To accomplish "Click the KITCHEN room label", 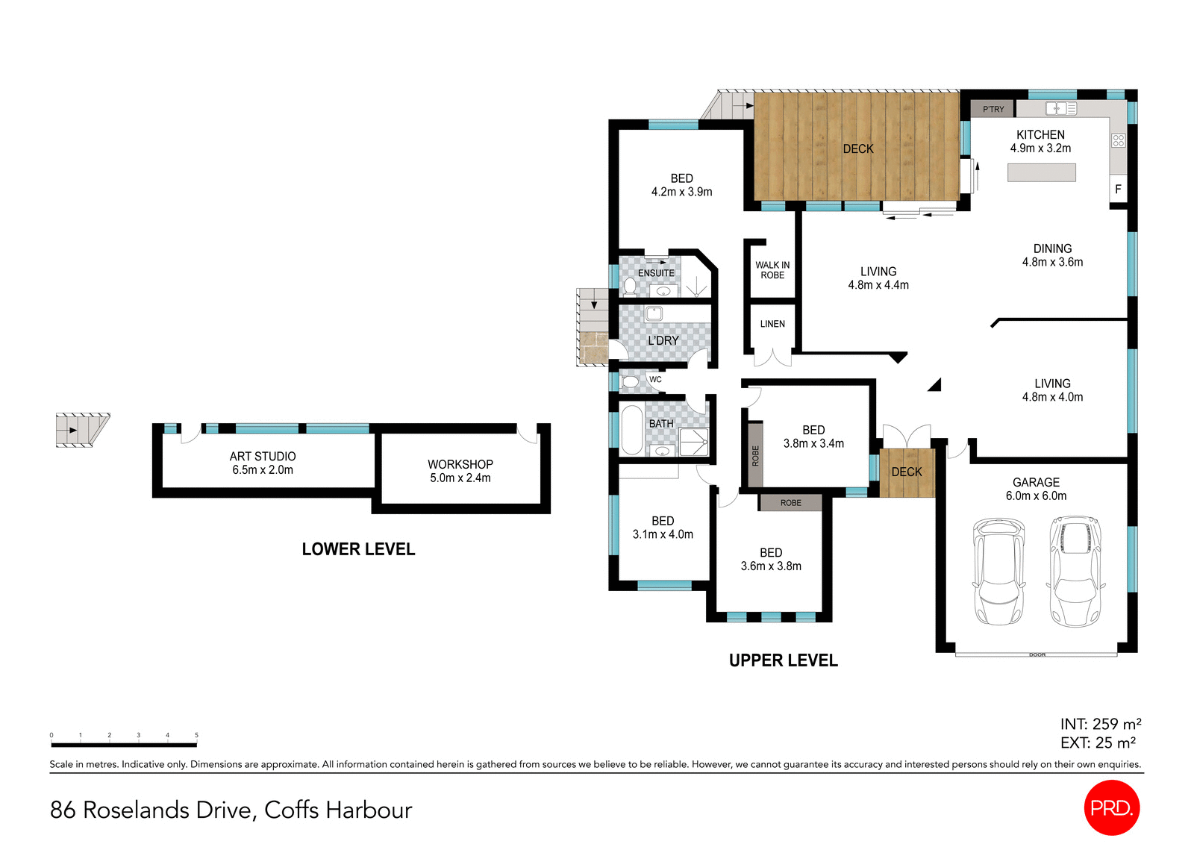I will coord(1040,135).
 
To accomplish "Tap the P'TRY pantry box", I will coord(993,109).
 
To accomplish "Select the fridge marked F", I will coord(1118,190).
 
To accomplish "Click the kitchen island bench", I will coord(1041,173).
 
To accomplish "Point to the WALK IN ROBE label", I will coord(772,270).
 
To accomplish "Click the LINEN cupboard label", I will coord(772,324).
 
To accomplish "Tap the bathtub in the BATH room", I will coord(631,430).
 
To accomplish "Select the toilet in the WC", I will coord(631,382).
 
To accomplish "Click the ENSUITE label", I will coord(656,273).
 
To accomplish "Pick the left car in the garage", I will coord(998,571).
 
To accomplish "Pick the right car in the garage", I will coord(1075,571).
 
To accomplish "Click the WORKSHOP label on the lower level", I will coord(460,464).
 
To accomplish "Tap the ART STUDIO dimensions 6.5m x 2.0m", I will coord(263,470).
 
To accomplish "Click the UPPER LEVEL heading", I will coord(783,660).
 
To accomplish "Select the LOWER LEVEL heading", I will coord(358,549).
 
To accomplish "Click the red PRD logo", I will coord(1111,807).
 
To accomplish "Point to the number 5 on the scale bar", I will coord(196,735).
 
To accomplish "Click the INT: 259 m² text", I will coord(1100,724).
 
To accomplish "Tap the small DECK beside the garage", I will coord(907,472).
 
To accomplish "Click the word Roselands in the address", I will coord(136,810).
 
